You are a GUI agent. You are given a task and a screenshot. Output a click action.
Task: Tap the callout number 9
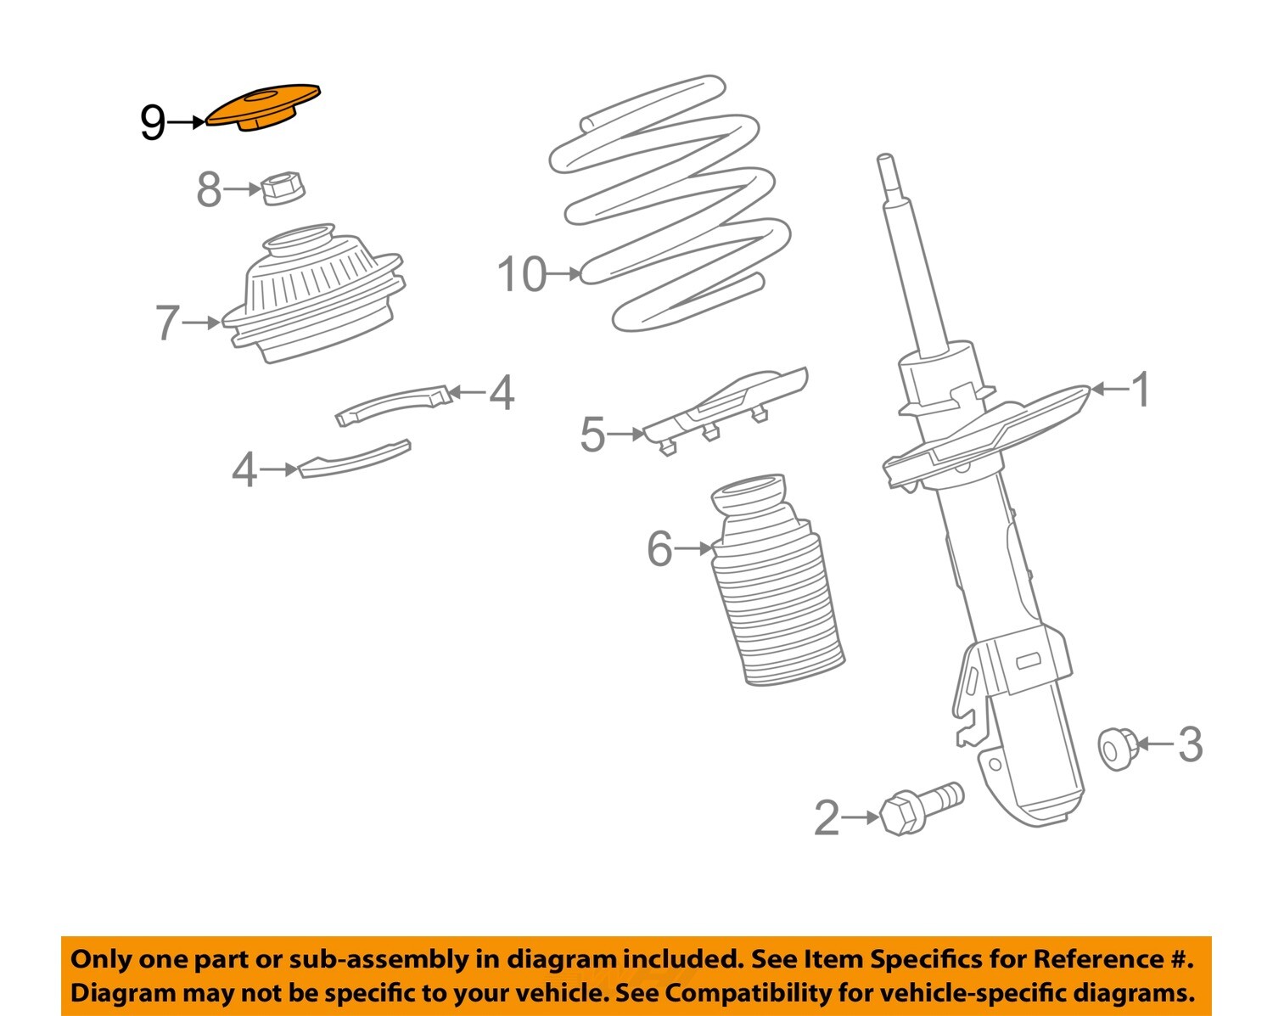coord(153,123)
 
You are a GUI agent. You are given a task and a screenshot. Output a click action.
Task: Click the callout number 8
coord(209,190)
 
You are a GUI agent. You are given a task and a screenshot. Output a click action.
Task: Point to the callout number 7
coord(167,323)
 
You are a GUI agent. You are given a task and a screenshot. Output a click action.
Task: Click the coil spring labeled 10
coord(670,204)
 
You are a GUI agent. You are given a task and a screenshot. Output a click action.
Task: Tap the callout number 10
coord(521,274)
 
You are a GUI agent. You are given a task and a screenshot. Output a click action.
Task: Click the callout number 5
coord(592,435)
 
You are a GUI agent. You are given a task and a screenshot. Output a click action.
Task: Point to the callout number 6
coord(659,549)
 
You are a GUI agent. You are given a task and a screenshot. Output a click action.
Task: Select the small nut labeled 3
coord(1117,747)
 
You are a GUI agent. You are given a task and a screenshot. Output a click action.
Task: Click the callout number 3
coord(1191,744)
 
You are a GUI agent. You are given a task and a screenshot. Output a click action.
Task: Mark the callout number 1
coord(1141,390)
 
